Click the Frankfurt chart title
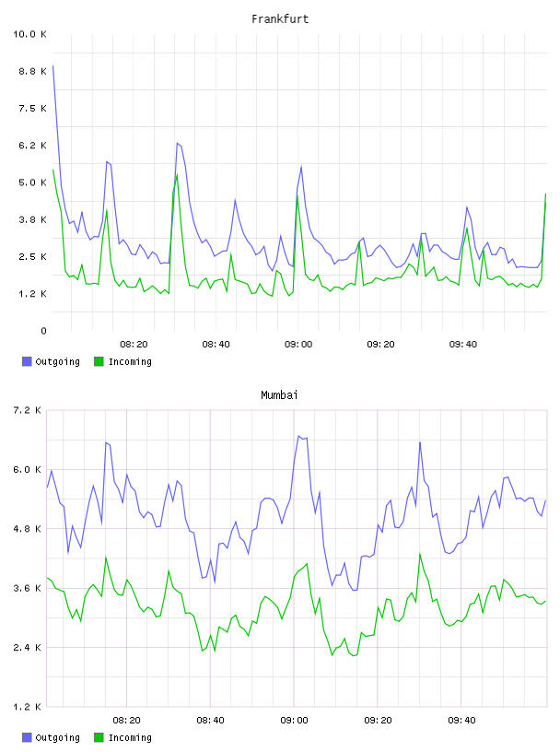(280, 19)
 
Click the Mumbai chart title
(279, 395)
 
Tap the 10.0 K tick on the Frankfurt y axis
(29, 34)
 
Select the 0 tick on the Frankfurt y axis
(43, 331)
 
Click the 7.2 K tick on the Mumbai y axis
(27, 410)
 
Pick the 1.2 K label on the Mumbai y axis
(27, 707)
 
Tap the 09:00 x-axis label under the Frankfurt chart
(298, 345)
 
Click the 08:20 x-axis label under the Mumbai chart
(126, 721)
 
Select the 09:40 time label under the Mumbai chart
(461, 721)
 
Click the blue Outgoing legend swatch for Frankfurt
(27, 361)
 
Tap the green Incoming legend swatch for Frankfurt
(99, 361)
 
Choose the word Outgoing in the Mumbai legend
(57, 737)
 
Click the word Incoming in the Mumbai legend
(130, 737)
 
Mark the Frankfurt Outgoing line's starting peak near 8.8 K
(52, 65)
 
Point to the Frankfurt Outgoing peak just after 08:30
(177, 143)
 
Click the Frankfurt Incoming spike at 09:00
(297, 195)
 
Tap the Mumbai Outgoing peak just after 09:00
(298, 436)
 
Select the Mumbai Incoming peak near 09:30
(419, 554)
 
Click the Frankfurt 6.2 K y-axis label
(32, 146)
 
